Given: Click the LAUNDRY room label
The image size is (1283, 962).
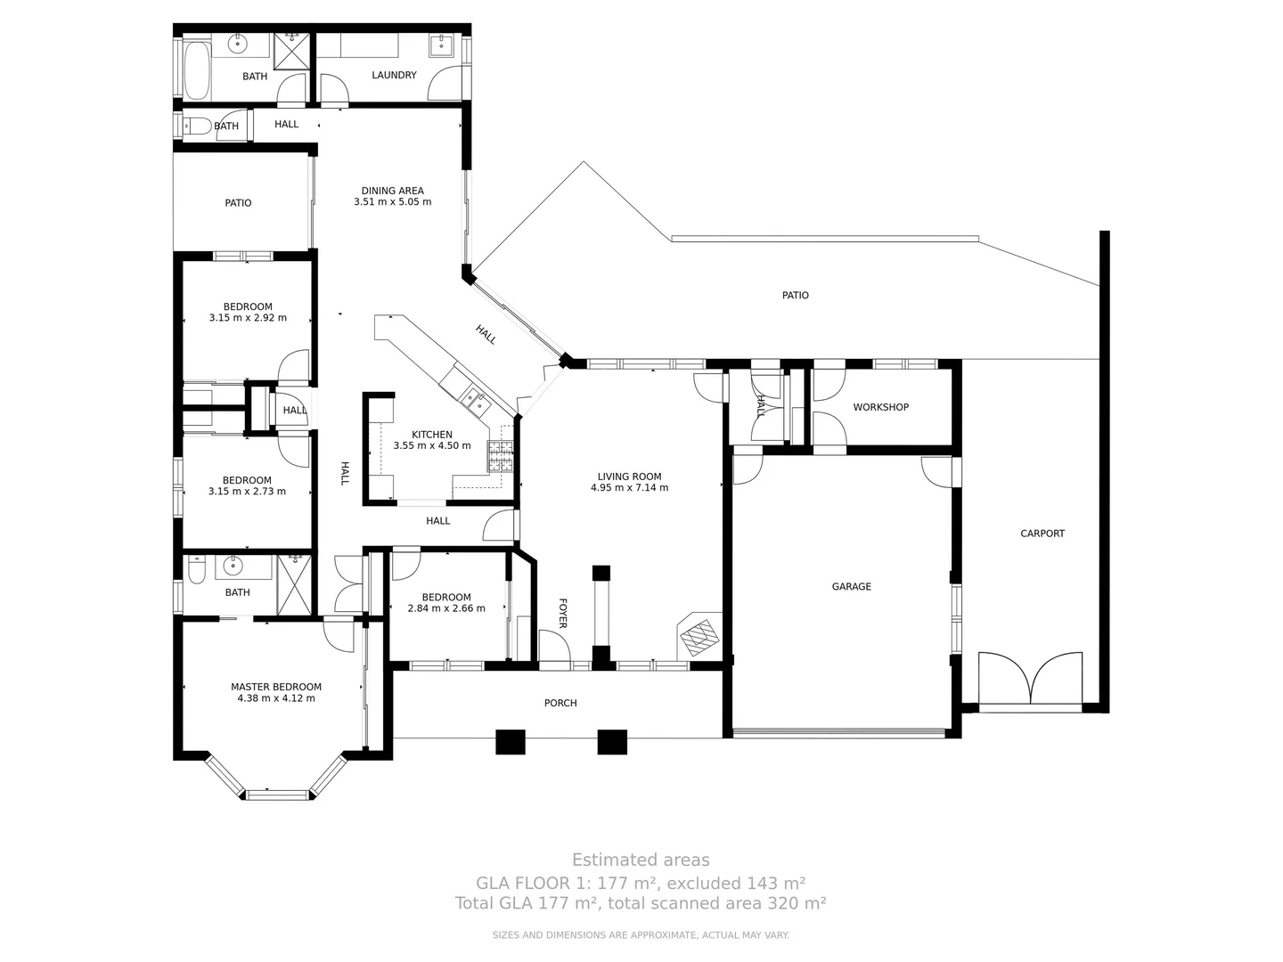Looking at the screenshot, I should pos(394,76).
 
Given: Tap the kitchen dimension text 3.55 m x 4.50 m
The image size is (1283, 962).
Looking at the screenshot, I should pos(432,445).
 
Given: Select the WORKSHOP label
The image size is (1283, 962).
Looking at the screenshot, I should pos(880,407).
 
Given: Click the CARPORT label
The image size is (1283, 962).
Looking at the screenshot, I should pos(1042,534).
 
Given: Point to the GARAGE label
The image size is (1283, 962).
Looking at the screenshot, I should pos(851,586).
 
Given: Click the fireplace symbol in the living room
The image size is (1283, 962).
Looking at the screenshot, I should pos(699,636).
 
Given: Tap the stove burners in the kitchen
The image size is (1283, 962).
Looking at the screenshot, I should pos(501,456).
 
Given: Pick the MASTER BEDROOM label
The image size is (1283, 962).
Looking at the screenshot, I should pos(275,687).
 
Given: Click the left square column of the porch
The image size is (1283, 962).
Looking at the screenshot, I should pos(511,742).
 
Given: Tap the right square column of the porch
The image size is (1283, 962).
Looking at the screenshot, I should pos(612,742).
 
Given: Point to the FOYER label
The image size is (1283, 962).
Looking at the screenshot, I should pos(562,613).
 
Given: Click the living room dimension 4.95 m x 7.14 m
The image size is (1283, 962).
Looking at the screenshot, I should pos(629,487).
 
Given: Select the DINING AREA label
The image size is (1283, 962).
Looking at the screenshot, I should pos(392,191).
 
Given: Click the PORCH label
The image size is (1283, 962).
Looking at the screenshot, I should pos(560,703).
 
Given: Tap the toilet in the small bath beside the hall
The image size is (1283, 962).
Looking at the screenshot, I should pos(198,126).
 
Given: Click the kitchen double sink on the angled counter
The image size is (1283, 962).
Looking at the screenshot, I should pos(472,401).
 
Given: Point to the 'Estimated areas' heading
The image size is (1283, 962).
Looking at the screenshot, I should pos(641,860).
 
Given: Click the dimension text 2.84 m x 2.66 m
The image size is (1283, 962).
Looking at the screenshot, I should pos(446,608).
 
